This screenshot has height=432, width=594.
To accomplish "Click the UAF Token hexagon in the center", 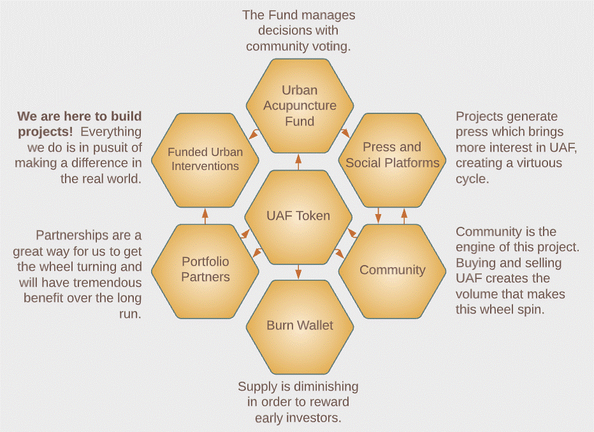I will [298, 215].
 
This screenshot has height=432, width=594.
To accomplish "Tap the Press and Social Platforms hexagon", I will [392, 155].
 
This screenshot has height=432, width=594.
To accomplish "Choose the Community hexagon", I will [392, 270].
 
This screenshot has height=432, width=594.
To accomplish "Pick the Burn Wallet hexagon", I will [300, 326].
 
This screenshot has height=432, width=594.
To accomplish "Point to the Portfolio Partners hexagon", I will [205, 269].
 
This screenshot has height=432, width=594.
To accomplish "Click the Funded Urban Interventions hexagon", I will [203, 159].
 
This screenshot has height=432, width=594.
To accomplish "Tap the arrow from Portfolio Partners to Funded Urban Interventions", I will [205, 215].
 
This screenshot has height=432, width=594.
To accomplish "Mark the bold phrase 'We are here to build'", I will [80, 117].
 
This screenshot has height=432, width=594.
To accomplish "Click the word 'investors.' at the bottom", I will [314, 418].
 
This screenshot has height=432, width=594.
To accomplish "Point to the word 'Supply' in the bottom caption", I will [257, 387].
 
